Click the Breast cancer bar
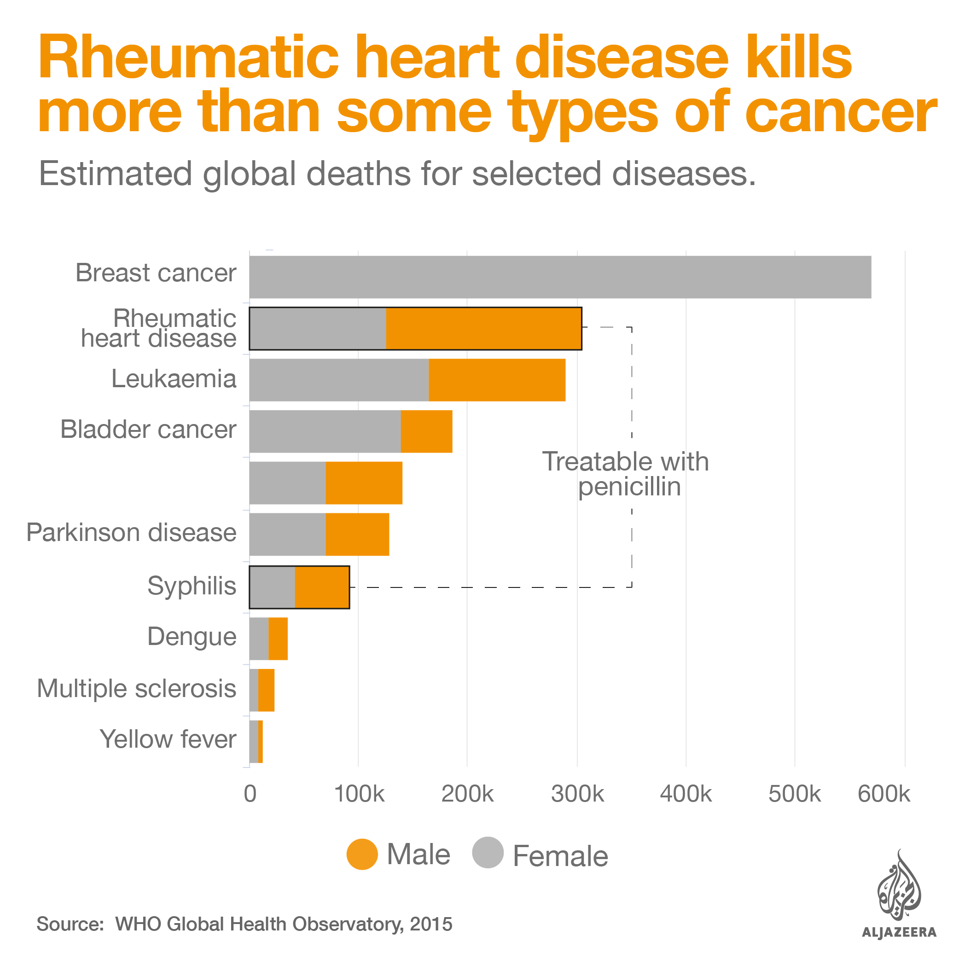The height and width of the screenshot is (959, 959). (560, 277)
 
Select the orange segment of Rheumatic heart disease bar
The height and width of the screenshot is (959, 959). (483, 329)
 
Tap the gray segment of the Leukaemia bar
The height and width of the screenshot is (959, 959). (339, 380)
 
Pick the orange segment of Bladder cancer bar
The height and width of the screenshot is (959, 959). (426, 431)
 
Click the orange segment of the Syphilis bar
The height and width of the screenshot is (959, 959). (322, 587)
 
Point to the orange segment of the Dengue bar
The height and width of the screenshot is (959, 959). (278, 639)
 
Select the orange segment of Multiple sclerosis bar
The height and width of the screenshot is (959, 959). (266, 690)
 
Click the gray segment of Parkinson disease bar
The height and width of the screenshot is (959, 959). (287, 534)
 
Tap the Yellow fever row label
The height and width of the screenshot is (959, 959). (168, 739)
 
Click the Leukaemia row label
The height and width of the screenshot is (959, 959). (174, 379)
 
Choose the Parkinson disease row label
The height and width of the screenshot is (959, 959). (131, 533)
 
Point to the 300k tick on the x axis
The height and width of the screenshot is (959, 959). (577, 794)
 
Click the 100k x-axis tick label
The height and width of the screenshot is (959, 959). (359, 794)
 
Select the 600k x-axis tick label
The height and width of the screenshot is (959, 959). (883, 794)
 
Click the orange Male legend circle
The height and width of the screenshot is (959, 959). (362, 854)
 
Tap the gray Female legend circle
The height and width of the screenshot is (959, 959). (488, 853)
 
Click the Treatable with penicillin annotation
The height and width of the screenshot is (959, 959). (625, 474)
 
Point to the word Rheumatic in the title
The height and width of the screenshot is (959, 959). (188, 58)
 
